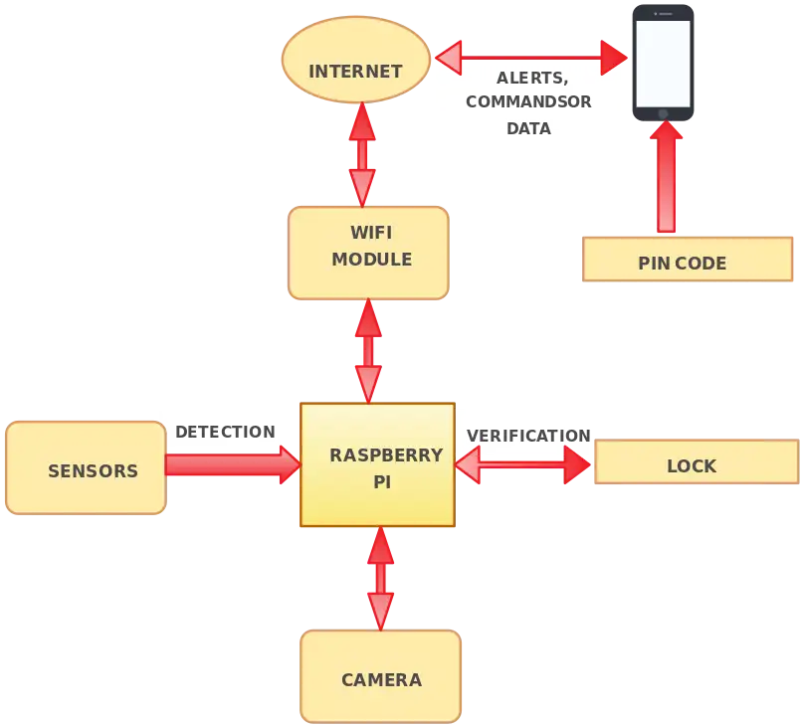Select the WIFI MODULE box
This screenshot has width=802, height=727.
coord(368,252)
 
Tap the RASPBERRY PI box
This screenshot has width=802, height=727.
coord(377,464)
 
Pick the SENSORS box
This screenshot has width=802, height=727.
coord(86,468)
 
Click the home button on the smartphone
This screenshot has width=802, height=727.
coord(663,112)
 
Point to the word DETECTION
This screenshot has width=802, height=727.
coord(225,432)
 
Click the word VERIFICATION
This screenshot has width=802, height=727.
coord(527,436)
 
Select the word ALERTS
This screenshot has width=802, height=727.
coord(532,78)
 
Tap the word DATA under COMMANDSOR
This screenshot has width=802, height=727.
coord(528,128)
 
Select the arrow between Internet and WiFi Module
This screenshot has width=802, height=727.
coord(361,153)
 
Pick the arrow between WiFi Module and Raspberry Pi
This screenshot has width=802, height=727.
coord(368,350)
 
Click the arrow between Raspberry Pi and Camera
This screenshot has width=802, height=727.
coord(380,577)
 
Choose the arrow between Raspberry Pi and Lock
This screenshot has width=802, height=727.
coord(523,463)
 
